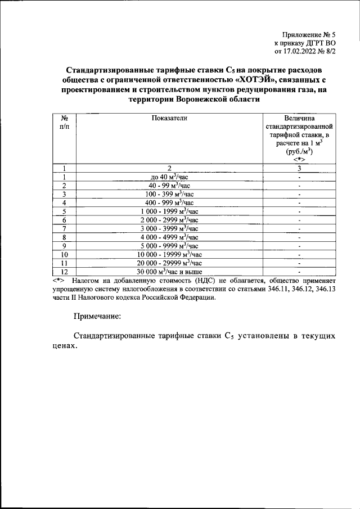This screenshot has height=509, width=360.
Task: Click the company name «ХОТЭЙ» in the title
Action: pos(259,79)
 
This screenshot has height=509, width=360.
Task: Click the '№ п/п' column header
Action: pos(65,123)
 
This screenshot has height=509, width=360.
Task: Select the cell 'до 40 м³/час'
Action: pos(169,177)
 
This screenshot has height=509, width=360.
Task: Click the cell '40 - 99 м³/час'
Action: pos(169,186)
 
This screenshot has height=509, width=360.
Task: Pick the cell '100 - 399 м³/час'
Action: pos(169,194)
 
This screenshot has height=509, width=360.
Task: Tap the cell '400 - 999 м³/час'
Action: pos(169,202)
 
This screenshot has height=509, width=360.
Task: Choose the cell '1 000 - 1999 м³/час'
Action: pos(169,211)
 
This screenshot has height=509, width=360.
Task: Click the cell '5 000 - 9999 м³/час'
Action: pos(169,246)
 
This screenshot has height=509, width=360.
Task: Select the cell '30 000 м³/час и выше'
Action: pos(169,272)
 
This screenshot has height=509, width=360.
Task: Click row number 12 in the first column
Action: pos(65,272)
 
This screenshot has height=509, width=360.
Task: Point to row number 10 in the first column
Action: pos(65,254)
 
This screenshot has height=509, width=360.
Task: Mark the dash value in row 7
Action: pos(300,229)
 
